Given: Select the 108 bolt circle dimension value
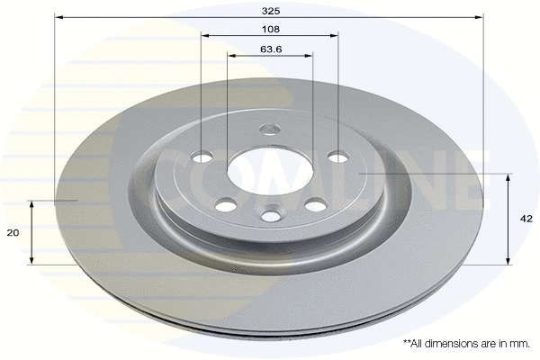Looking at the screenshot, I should (270, 29).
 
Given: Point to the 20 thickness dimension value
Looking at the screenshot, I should (13, 232).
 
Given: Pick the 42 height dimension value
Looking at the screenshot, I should (526, 219).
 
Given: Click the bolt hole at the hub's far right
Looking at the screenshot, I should (337, 157).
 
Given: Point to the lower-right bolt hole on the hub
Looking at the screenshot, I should (315, 205).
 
